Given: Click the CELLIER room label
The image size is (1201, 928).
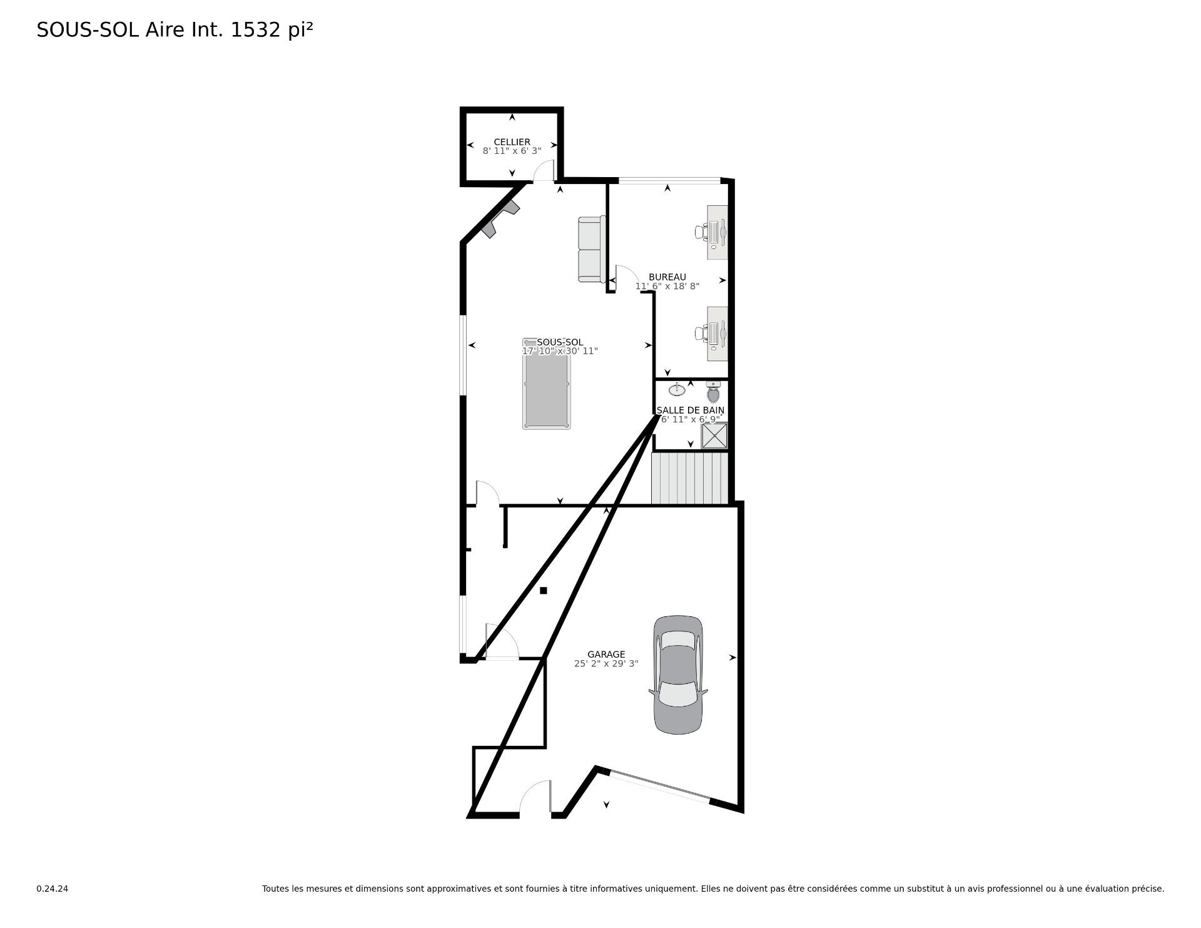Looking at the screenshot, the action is pyautogui.click(x=512, y=142).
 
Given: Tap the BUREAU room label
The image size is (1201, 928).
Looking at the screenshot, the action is pyautogui.click(x=667, y=277).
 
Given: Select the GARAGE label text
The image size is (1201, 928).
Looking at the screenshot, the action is pyautogui.click(x=606, y=655).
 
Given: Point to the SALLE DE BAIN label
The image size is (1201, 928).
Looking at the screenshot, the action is pyautogui.click(x=691, y=410).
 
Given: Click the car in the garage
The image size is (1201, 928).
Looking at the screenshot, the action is pyautogui.click(x=678, y=675).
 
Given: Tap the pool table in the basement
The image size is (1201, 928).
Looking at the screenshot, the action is pyautogui.click(x=547, y=384).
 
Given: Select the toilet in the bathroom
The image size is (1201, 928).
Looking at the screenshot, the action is pyautogui.click(x=714, y=391).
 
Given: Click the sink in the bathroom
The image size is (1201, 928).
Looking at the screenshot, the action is pyautogui.click(x=677, y=390).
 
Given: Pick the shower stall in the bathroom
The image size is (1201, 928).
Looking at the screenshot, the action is pyautogui.click(x=714, y=436).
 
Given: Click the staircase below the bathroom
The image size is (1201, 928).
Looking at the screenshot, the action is pyautogui.click(x=690, y=478).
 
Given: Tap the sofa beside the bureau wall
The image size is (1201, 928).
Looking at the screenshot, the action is pyautogui.click(x=592, y=249).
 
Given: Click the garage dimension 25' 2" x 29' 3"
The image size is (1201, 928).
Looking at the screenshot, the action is pyautogui.click(x=606, y=664).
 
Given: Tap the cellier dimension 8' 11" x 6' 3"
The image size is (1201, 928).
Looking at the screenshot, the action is pyautogui.click(x=512, y=151).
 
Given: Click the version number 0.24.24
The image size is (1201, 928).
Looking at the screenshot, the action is pyautogui.click(x=53, y=889).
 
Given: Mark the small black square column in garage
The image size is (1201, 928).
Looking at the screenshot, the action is pyautogui.click(x=544, y=590).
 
